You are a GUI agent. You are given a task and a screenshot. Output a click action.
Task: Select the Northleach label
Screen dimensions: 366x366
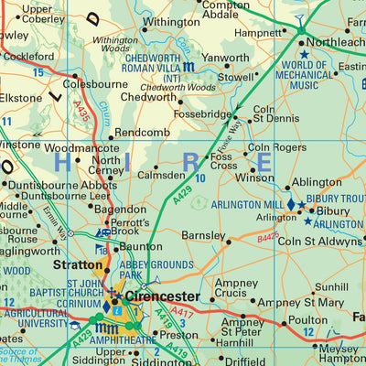point(337,41)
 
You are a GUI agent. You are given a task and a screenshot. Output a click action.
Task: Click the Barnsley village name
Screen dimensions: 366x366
point(204,235)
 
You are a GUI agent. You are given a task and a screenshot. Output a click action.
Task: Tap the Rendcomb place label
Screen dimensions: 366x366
point(142,132)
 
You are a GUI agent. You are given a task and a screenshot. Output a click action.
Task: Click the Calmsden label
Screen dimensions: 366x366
point(161,174)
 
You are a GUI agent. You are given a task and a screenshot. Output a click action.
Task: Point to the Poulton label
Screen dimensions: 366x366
point(307,320)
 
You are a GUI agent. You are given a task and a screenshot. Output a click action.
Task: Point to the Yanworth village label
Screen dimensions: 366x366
point(224,58)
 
